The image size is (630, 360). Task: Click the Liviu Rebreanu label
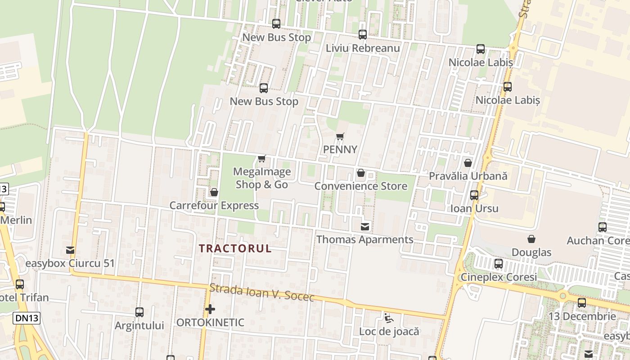click(x=363, y=48)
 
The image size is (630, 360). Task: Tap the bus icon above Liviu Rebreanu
click(x=362, y=34)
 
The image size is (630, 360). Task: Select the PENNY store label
click(x=340, y=149)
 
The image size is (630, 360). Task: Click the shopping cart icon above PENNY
click(x=340, y=136)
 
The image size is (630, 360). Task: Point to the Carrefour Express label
click(x=214, y=206)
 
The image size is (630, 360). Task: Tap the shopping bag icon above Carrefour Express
click(x=214, y=192)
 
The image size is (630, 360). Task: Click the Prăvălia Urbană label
click(x=468, y=176)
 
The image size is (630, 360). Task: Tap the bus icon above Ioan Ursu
click(x=474, y=195)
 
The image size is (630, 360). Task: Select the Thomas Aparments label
click(x=364, y=239)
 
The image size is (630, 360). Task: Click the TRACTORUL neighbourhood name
click(x=235, y=248)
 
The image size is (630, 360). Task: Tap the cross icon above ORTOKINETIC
click(x=210, y=309)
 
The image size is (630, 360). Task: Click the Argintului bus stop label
click(x=139, y=325)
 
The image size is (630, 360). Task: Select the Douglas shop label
click(x=531, y=252)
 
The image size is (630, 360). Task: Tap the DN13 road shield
click(x=26, y=318)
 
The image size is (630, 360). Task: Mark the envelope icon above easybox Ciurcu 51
click(x=70, y=250)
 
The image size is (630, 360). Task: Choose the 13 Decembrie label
click(x=582, y=316)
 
